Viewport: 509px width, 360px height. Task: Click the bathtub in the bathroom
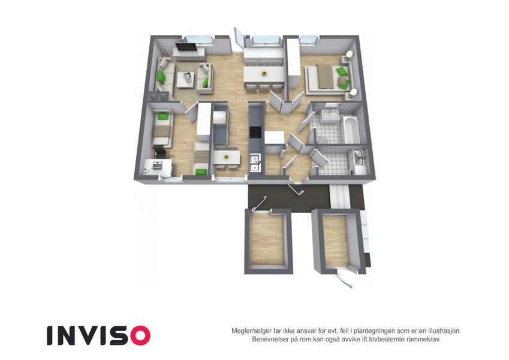point(351,130)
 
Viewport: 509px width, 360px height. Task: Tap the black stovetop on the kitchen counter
point(255,132)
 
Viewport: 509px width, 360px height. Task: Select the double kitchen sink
point(255,163)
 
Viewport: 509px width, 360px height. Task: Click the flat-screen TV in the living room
point(185,47)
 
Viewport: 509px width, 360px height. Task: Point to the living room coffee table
point(186,80)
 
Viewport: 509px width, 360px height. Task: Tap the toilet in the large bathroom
point(321,139)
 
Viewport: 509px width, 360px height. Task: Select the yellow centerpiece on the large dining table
point(264,73)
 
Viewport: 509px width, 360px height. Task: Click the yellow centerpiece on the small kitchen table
point(226,157)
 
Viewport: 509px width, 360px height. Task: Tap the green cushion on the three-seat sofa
point(161,77)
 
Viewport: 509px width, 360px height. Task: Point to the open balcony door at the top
point(239,39)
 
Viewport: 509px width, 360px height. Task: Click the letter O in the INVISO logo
point(140,335)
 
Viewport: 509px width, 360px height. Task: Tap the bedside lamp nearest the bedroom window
point(350,54)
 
